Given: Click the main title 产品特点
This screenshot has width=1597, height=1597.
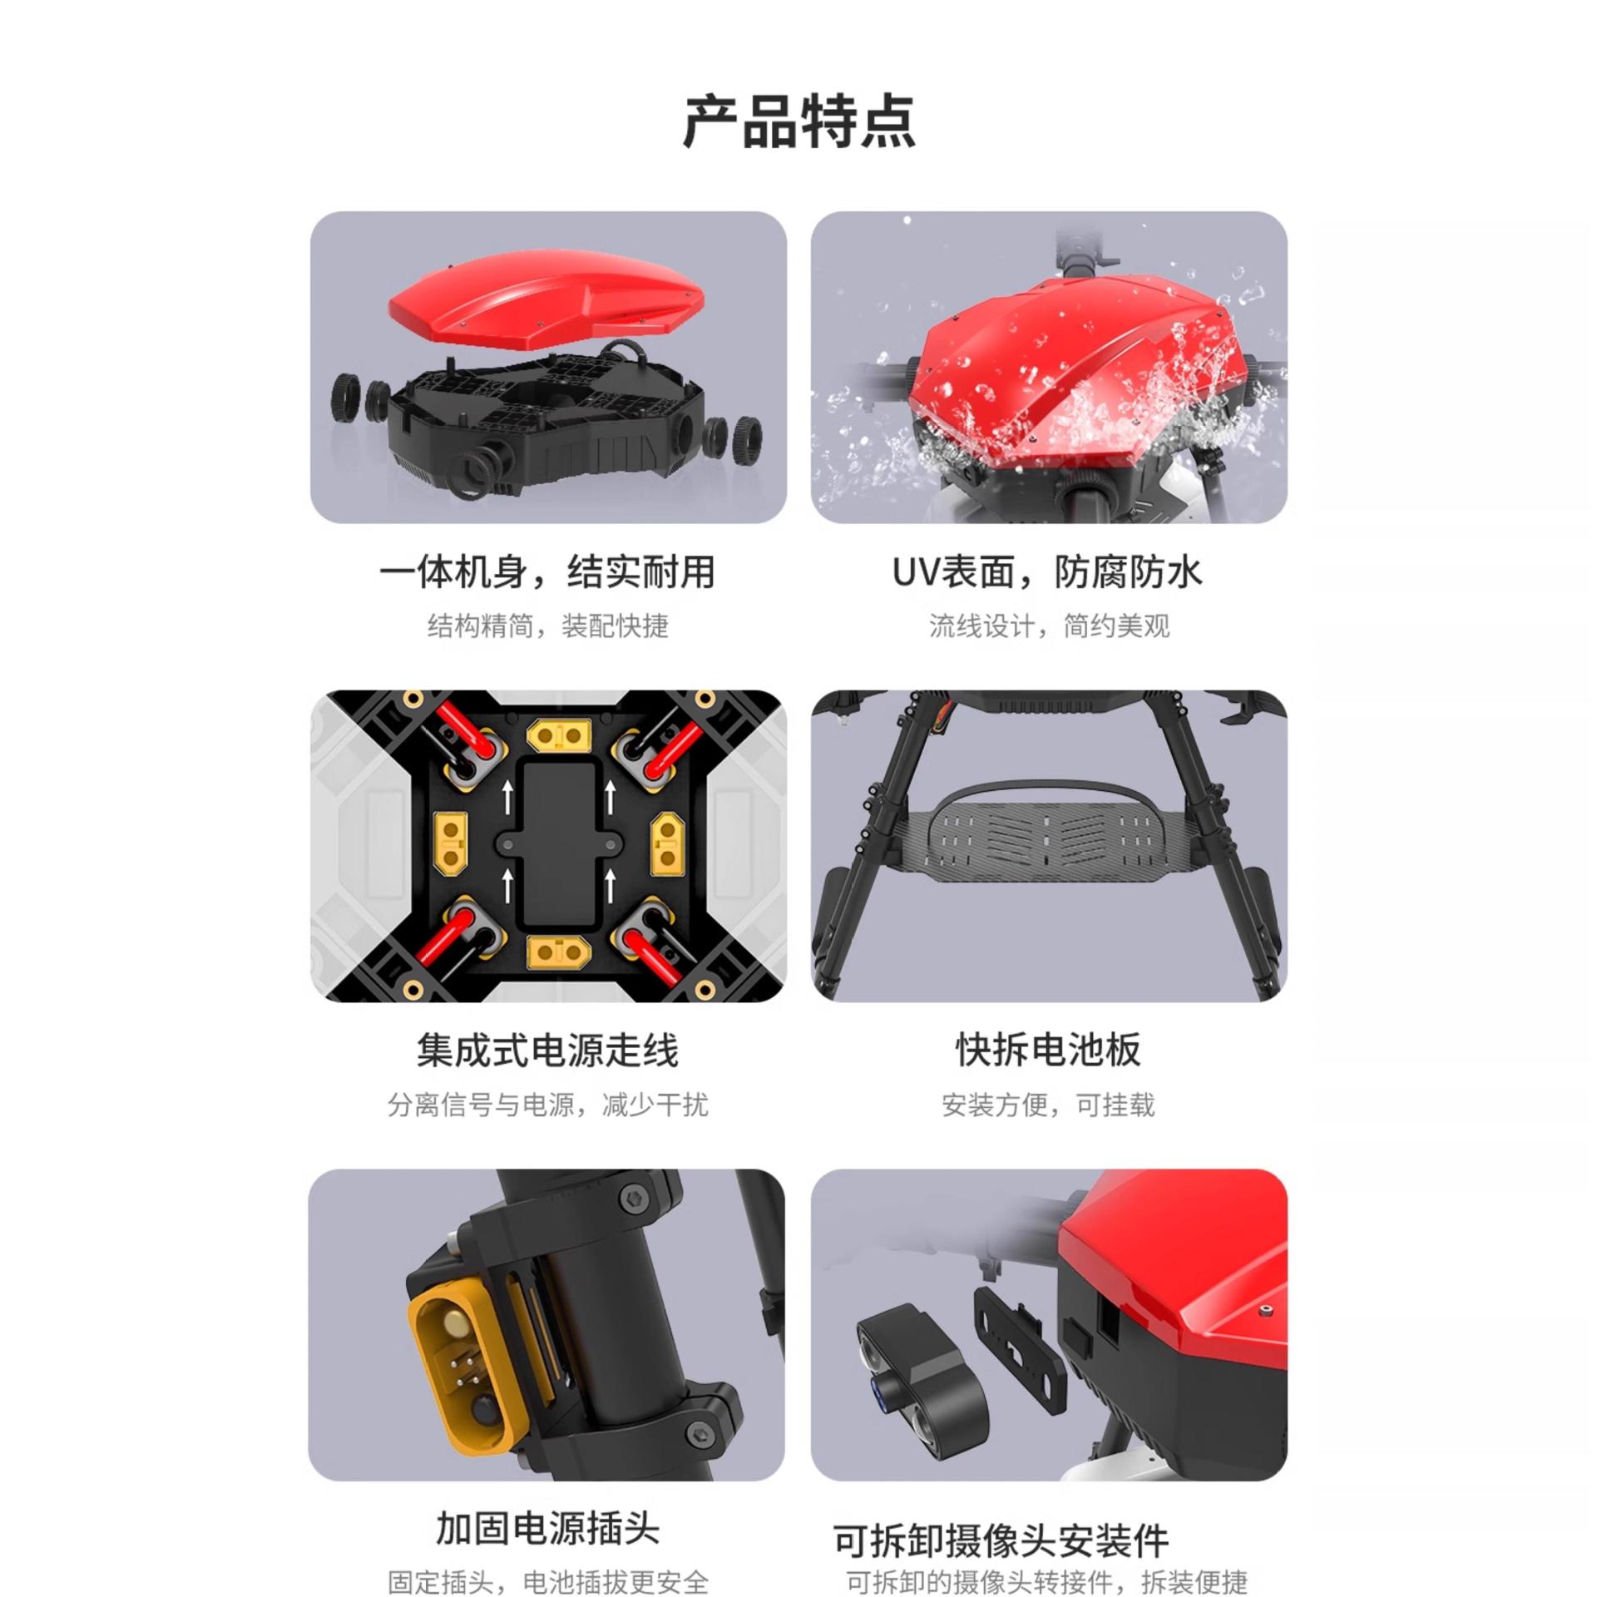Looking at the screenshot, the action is coord(798,121).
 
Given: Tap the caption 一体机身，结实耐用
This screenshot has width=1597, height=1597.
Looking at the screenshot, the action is coord(547,572).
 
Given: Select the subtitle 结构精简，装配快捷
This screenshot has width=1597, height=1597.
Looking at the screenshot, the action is coord(548,625).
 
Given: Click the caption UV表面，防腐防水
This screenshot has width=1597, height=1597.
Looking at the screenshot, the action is coord(1047,572).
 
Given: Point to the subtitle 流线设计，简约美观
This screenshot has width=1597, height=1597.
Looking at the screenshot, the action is coord(1049,625).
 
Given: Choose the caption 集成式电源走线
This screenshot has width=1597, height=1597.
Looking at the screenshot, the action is coord(547,1050).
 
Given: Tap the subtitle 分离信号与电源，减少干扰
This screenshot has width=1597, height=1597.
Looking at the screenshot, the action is coord(548,1105).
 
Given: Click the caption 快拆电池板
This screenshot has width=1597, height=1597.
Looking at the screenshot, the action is coord(1048,1050).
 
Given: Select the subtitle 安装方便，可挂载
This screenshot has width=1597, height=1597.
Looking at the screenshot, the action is coord(1048,1105).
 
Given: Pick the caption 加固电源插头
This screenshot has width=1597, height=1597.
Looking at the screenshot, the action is coord(547,1529).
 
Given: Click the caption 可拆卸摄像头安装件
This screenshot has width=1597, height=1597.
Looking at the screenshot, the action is coord(1001,1540).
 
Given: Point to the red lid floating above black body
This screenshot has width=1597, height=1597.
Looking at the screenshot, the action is coord(546,295).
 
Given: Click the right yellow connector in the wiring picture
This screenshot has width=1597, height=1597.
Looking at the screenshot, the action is coord(667,843).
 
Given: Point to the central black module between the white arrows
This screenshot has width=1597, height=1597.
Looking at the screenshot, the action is coord(559,844).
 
